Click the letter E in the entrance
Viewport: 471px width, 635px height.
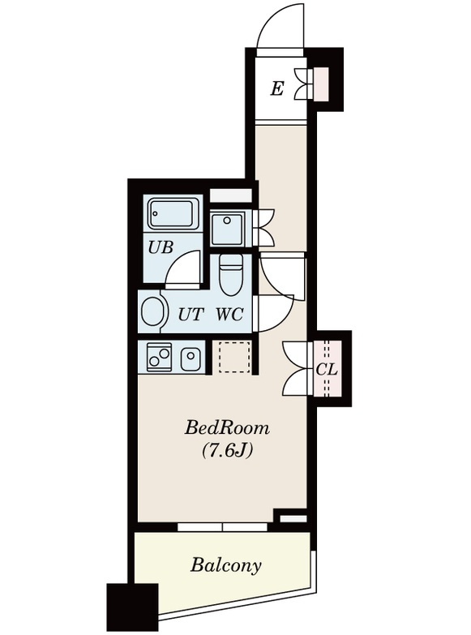(x=276, y=88)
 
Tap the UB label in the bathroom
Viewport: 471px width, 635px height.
(x=161, y=247)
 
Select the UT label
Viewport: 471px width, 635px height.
(x=190, y=315)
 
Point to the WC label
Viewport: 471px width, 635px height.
(x=229, y=315)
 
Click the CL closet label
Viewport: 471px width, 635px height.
(x=327, y=369)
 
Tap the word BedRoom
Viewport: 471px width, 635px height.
(x=227, y=428)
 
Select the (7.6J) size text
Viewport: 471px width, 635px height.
(x=228, y=450)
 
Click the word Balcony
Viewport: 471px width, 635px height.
(x=226, y=565)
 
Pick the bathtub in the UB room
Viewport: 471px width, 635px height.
(x=173, y=214)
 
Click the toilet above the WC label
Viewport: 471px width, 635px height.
(x=230, y=275)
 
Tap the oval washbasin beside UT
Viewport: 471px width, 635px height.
(x=154, y=313)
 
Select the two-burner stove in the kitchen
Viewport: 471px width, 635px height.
(x=159, y=357)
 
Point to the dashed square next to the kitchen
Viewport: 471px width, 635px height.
(x=235, y=357)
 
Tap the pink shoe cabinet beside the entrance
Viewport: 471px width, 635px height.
(x=323, y=84)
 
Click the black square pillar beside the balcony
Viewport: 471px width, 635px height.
(x=132, y=607)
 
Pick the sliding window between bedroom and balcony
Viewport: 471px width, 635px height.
(x=222, y=526)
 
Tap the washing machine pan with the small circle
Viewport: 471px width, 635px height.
(x=227, y=229)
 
